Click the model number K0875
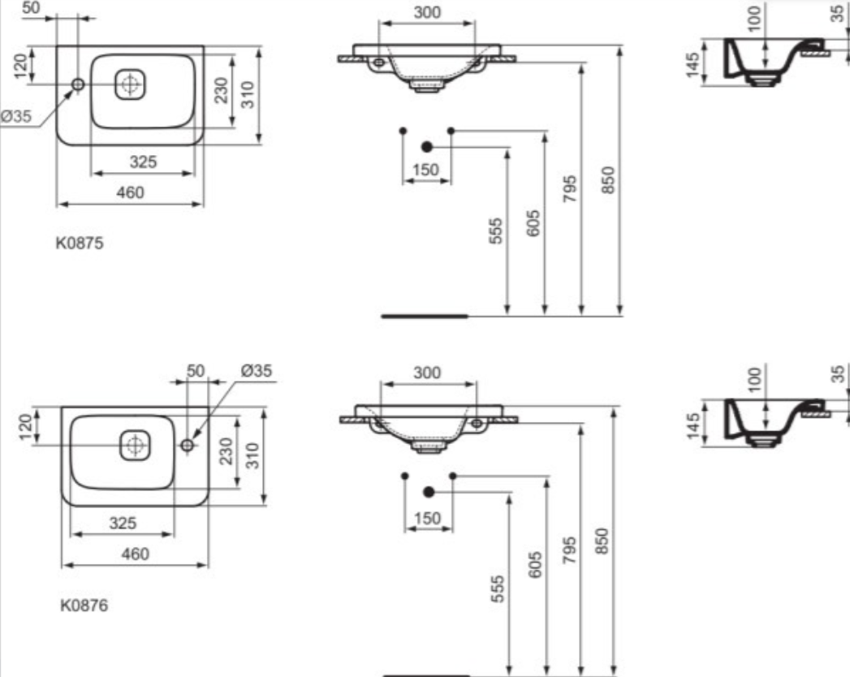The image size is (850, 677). (79, 243)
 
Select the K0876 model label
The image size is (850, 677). (84, 605)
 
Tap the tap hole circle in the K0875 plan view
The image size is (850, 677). (78, 84)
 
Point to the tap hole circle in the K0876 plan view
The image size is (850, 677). (187, 445)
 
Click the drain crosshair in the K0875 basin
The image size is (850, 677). (130, 84)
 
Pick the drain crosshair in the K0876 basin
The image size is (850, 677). (135, 445)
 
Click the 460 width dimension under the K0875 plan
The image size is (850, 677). (130, 192)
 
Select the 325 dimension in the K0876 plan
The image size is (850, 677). (123, 523)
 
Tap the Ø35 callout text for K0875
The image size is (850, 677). (17, 116)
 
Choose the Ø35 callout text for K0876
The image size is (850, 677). (257, 371)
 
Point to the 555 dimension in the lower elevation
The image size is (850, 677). (497, 589)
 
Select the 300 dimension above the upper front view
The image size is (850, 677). (427, 12)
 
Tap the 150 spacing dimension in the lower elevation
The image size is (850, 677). (427, 518)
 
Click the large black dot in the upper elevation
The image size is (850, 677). (427, 146)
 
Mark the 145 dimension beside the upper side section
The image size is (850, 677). (693, 65)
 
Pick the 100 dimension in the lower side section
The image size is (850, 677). (754, 378)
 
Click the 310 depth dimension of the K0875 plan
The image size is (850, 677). (247, 94)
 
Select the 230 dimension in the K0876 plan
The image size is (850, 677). (226, 451)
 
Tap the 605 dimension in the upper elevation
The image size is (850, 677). (533, 223)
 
